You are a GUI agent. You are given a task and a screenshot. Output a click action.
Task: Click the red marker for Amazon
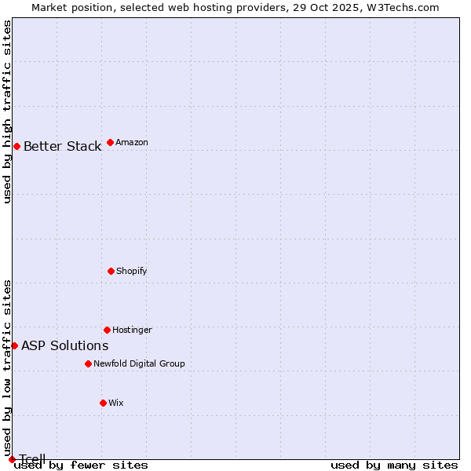pyautogui.click(x=110, y=142)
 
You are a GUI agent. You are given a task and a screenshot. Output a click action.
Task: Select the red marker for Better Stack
pyautogui.click(x=16, y=146)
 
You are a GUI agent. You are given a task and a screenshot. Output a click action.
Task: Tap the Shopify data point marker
pyautogui.click(x=111, y=271)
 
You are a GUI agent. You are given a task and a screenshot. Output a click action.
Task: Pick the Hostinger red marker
pyautogui.click(x=107, y=330)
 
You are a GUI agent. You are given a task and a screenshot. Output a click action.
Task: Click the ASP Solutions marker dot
pyautogui.click(x=14, y=345)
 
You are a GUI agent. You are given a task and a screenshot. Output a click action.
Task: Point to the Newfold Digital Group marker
pyautogui.click(x=88, y=363)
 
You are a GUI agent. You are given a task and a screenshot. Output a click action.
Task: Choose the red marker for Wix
pyautogui.click(x=103, y=403)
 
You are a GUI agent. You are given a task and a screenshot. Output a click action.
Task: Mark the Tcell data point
pyautogui.click(x=12, y=459)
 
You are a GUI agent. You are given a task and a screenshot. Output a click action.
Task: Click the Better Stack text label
pyautogui.click(x=62, y=146)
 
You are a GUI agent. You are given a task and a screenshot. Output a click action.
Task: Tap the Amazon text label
pyautogui.click(x=132, y=142)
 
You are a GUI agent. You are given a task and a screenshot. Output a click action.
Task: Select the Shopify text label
pyautogui.click(x=132, y=271)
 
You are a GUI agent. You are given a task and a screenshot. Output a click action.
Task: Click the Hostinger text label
pyautogui.click(x=132, y=330)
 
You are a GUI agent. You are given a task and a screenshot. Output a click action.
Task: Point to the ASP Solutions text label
pyautogui.click(x=64, y=345)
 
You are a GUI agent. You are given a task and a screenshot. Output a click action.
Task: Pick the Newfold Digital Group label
pyautogui.click(x=139, y=363)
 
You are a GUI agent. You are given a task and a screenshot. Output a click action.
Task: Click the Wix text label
pyautogui.click(x=116, y=403)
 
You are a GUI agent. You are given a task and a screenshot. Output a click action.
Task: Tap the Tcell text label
pyautogui.click(x=32, y=459)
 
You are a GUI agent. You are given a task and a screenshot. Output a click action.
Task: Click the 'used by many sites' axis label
pyautogui.click(x=394, y=466)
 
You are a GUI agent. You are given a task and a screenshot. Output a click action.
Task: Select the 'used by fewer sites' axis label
pyautogui.click(x=81, y=466)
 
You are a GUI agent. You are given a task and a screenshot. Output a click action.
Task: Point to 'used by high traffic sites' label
pyautogui.click(x=7, y=111)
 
